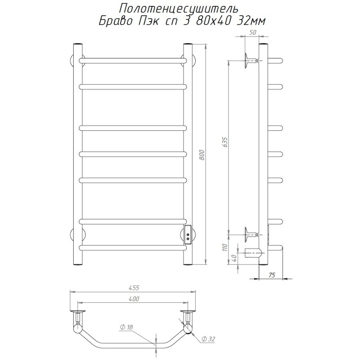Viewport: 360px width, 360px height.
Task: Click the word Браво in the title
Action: (116, 21)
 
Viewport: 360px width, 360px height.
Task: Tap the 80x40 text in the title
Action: (211, 21)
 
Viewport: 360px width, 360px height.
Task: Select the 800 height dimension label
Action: (202, 154)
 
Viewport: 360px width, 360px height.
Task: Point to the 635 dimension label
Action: (225, 142)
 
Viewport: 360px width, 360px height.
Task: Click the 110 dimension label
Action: (225, 247)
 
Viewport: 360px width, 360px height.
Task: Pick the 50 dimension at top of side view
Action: (252, 32)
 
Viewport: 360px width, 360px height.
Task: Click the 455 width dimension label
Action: (134, 288)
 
